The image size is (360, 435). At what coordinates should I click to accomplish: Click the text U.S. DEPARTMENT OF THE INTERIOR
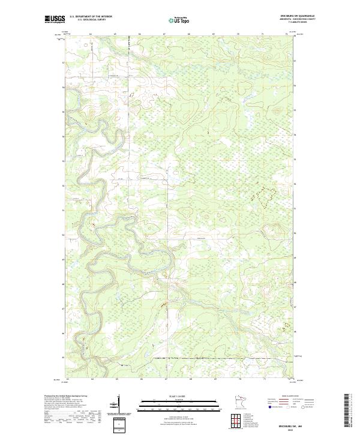(91, 16)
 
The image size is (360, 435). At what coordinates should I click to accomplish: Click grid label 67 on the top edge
(164, 35)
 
